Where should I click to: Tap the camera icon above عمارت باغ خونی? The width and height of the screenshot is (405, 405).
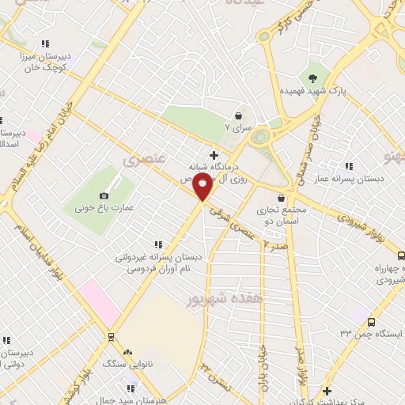(x=104, y=195)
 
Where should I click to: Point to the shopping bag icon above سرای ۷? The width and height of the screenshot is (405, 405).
(x=239, y=115)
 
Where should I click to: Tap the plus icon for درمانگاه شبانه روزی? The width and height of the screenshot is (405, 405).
(x=213, y=154)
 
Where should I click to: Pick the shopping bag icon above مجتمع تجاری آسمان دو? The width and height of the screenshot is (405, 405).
(x=282, y=199)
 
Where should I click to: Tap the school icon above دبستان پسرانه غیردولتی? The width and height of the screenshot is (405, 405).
(x=157, y=244)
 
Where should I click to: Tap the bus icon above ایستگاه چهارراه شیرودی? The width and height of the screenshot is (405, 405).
(x=400, y=256)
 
